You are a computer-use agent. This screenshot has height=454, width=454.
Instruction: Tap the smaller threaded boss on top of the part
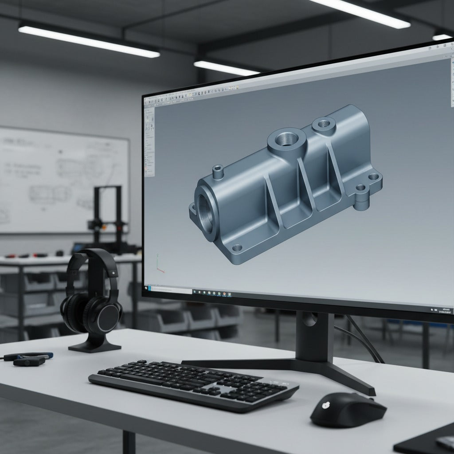324,123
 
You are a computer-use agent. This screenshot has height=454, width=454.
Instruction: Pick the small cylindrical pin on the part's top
217,171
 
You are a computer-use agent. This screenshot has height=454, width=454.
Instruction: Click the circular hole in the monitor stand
310,319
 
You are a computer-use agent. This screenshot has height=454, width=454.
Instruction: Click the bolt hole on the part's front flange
237,247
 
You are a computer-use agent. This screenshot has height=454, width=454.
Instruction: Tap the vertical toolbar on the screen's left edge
149,142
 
